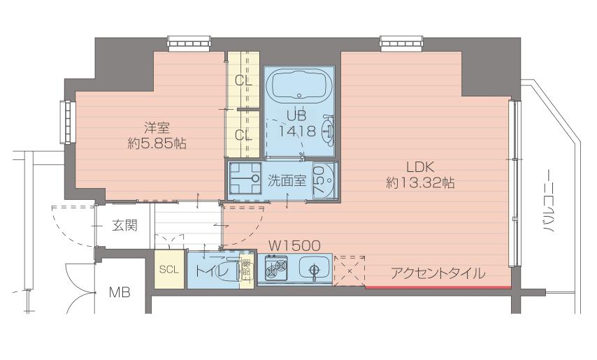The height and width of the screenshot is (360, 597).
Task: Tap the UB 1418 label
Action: coord(298,122)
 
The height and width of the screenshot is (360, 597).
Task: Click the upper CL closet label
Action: coord(243,80)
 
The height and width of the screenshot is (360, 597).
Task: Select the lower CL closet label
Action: coord(243,135)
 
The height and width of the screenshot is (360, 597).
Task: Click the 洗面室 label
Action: coord(287,180)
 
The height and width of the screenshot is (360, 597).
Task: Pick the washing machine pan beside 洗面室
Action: coord(245,181)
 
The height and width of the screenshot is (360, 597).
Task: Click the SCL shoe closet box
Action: coord(168,269)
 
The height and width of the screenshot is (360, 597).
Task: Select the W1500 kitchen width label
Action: coord(294,245)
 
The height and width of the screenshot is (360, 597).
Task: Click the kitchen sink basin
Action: coord(313,268)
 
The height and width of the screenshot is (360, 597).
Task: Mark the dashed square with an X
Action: coord(349,271)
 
